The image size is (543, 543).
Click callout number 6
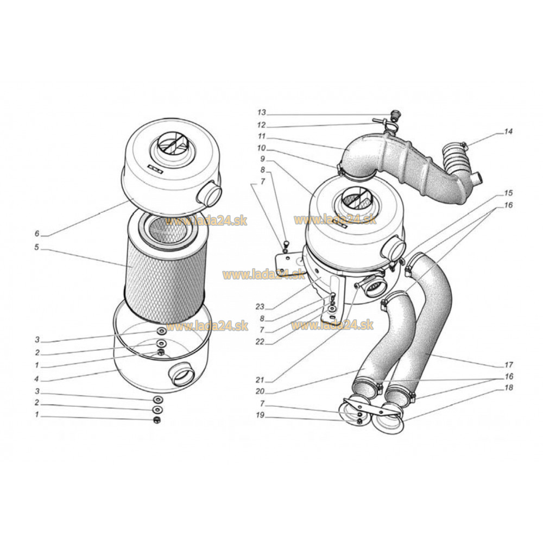pos(37,233)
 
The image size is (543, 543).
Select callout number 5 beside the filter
pos(37,248)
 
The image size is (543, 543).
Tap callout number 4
pos(37,379)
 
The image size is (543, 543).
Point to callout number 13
pos(262,112)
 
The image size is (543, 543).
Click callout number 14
pos(508,131)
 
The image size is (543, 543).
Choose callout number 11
pos(262,136)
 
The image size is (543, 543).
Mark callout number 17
pos(508,365)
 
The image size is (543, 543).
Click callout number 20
pos(260,392)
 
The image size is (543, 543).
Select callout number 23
pos(260,306)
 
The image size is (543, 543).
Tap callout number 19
pos(260,415)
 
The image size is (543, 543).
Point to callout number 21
pos(260,380)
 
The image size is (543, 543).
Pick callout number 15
pos(508,193)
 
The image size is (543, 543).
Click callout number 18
pos(508,388)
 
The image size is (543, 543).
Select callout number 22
pos(260,342)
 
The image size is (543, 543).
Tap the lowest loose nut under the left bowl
pos(157,420)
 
